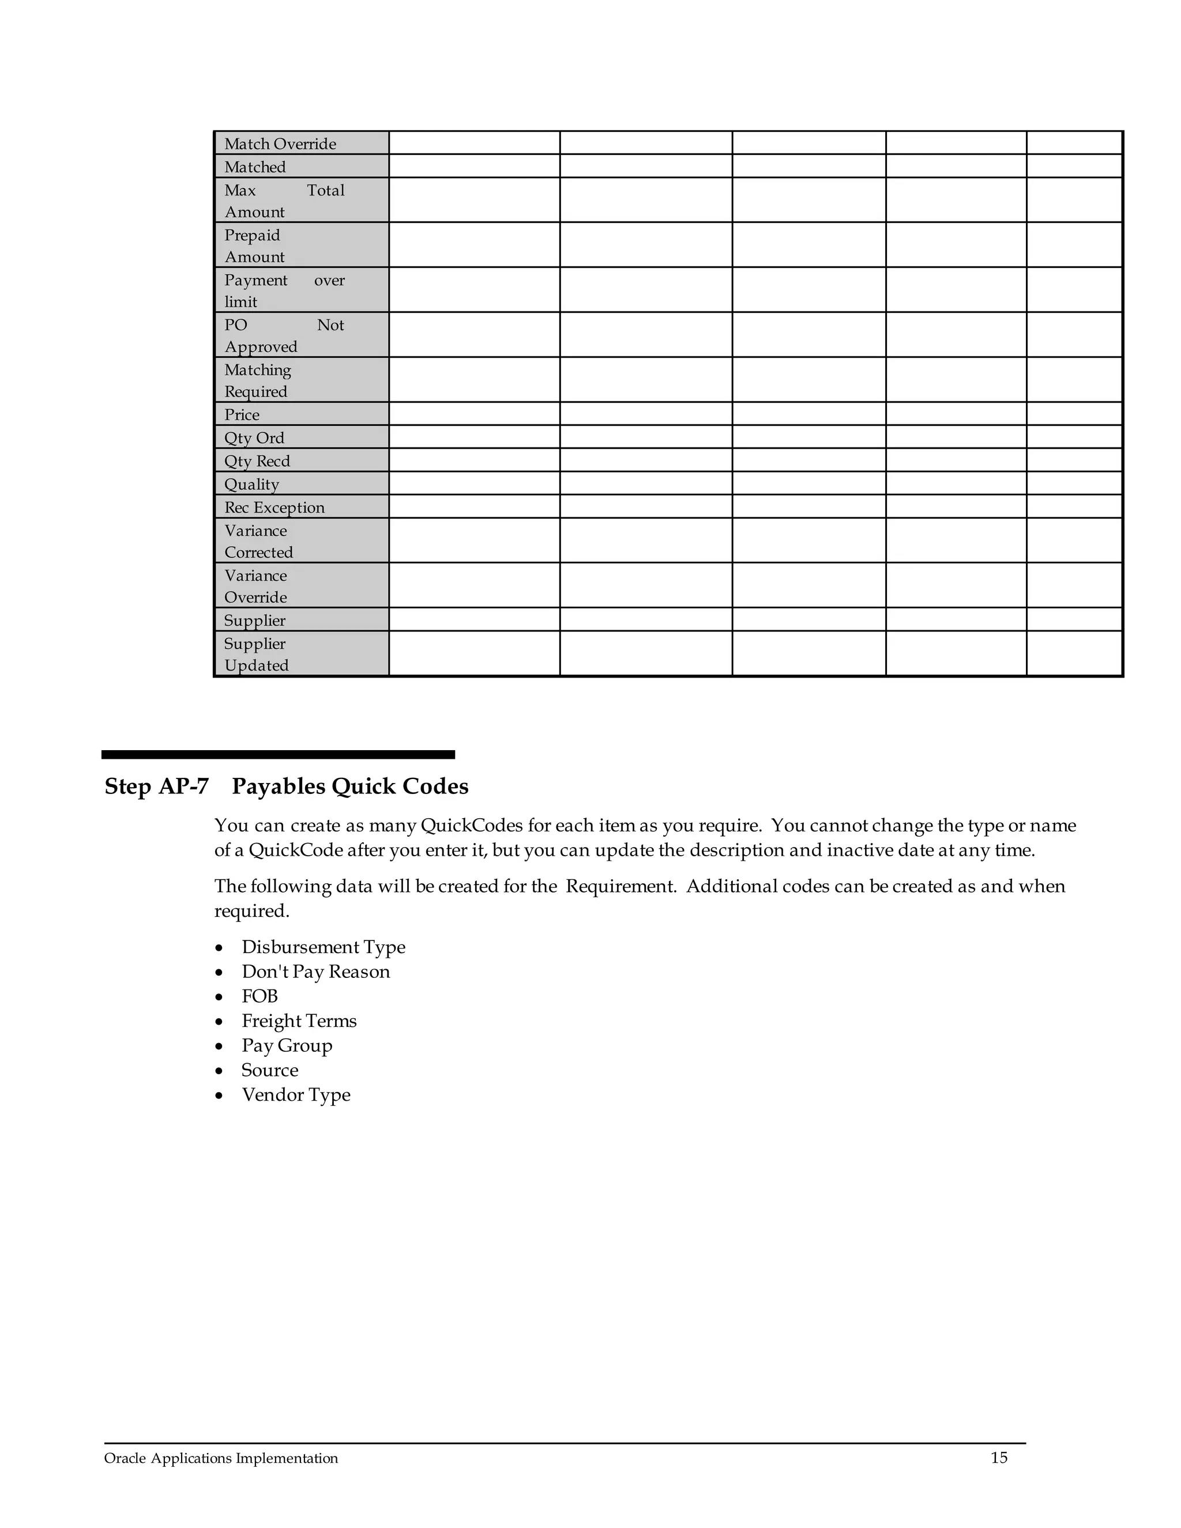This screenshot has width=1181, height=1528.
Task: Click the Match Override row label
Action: [x=280, y=144]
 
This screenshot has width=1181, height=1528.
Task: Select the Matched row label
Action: [x=255, y=167]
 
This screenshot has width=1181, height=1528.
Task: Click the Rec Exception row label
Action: [x=274, y=507]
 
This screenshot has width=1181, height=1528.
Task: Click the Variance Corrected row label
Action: [x=258, y=541]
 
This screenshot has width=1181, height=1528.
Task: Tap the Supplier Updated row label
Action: [x=256, y=654]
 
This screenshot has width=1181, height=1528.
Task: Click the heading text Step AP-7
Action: [x=157, y=786]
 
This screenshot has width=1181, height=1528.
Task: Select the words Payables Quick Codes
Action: [x=350, y=786]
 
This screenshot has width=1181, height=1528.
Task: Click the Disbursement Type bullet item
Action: [x=324, y=947]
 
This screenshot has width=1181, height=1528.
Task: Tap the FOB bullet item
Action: [x=259, y=996]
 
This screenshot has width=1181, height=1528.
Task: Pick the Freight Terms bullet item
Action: [x=299, y=1021]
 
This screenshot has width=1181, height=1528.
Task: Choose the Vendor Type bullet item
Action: [x=296, y=1095]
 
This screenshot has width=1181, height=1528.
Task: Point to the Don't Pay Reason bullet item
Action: [x=315, y=972]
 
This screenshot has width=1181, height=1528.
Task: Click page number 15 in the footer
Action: [x=998, y=1457]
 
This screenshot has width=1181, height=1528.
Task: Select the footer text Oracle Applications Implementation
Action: [x=221, y=1458]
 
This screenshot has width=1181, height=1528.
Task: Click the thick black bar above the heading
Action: [x=278, y=755]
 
